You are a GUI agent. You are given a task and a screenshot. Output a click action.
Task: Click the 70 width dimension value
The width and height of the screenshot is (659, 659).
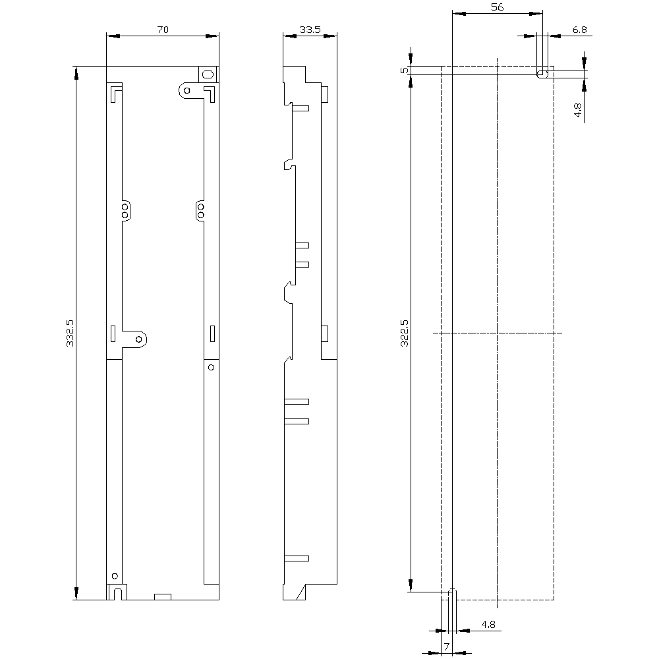pos(163,30)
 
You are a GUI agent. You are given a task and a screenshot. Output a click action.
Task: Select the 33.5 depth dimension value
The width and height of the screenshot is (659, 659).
pos(310,30)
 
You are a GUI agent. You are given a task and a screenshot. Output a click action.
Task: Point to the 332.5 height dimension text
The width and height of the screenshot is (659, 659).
pos(70,333)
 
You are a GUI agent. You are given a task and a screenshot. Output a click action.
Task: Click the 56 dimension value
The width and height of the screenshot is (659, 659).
pos(498,7)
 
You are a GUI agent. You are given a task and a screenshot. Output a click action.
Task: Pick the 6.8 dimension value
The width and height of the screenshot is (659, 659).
pos(580,30)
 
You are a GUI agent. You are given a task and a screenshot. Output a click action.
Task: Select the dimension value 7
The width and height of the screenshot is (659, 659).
pos(446,646)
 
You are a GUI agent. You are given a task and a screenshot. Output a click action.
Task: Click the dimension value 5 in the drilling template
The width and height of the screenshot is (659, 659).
pos(405,70)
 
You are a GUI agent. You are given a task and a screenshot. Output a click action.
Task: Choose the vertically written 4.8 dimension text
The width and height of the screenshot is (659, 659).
pos(577,109)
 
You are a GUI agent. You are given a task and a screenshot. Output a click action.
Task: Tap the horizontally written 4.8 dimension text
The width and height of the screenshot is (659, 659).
pos(488,624)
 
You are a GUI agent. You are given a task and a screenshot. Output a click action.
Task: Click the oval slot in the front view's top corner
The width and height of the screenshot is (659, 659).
pos(208,74)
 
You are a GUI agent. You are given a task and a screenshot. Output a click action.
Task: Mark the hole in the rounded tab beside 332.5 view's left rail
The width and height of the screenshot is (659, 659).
pos(139,339)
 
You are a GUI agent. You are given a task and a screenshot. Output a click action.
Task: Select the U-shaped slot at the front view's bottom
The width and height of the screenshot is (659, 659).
pos(117,592)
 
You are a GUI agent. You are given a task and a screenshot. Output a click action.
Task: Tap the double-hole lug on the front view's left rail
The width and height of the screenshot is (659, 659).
pos(126,210)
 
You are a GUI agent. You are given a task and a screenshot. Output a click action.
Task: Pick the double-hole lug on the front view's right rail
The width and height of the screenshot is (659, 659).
pos(200,210)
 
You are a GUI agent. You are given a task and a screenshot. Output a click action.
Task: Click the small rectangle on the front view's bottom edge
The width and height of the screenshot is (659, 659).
pos(162,597)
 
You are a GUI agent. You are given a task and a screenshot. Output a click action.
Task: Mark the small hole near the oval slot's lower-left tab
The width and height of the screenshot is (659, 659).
pos(186,90)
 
